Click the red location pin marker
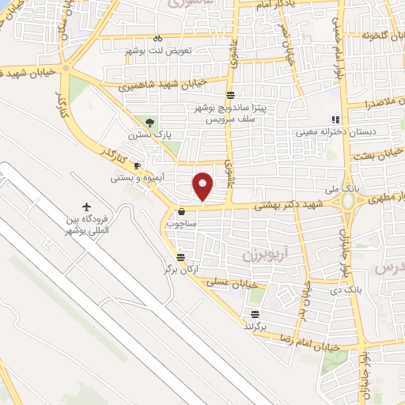coord(203,185)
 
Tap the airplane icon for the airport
coord(86,196)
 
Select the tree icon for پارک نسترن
coord(150,121)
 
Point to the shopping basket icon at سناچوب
coord(183,212)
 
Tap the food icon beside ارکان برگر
coord(181,257)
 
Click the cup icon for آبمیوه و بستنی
coord(137,166)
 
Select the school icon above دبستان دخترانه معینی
coord(335,119)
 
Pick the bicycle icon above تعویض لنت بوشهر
coord(157,38)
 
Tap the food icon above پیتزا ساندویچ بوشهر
coord(229,95)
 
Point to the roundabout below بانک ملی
coord(349,202)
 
